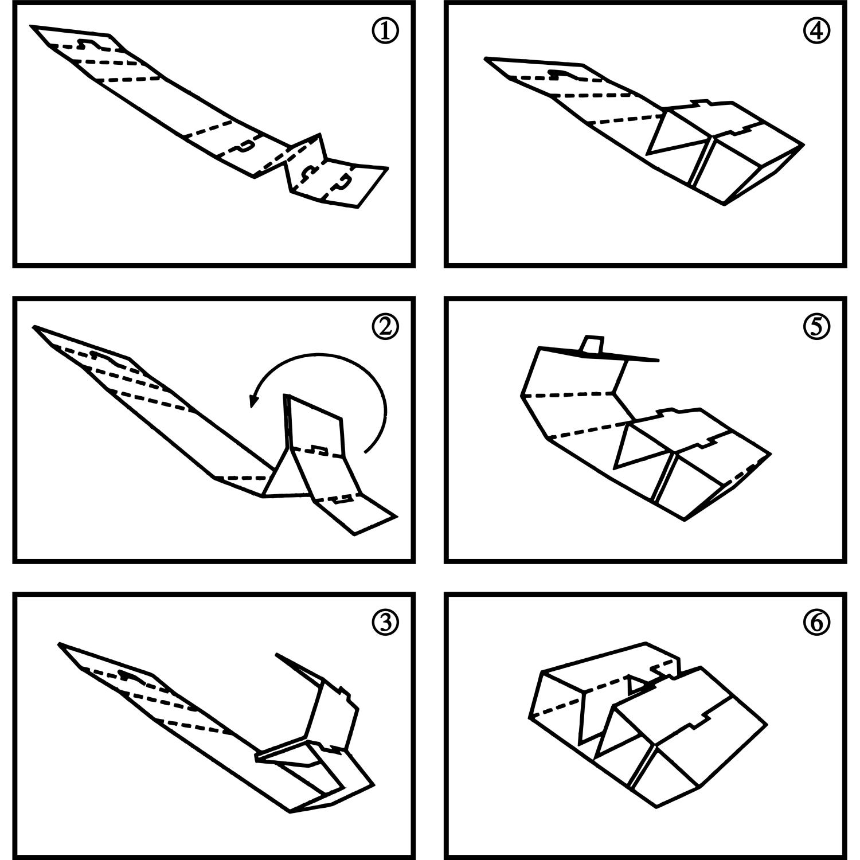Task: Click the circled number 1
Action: click(x=385, y=32)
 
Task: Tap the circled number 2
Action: click(x=385, y=326)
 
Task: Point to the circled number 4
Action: click(x=817, y=32)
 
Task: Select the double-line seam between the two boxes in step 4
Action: click(x=702, y=162)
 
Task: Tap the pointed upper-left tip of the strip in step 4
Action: click(x=486, y=58)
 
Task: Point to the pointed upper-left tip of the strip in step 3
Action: click(x=60, y=645)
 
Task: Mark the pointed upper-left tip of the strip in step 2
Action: click(x=35, y=327)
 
